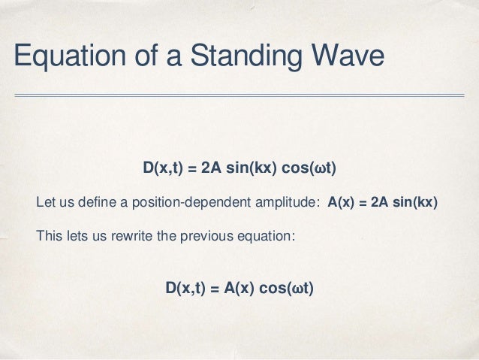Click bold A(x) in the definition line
pyautogui.click(x=342, y=203)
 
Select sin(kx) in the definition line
pyautogui.click(x=415, y=203)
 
